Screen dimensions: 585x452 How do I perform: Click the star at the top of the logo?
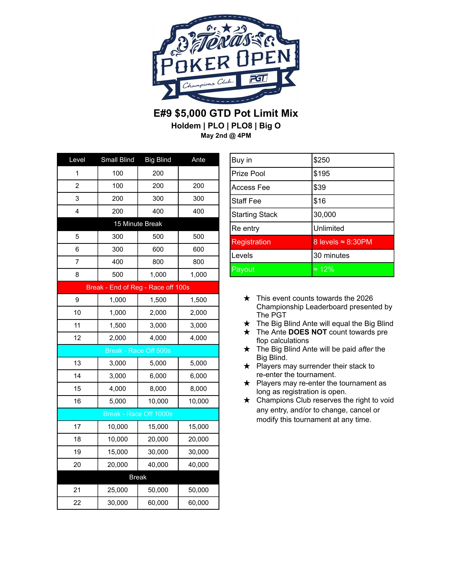[227, 27]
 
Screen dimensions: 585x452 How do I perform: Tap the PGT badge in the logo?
[258, 79]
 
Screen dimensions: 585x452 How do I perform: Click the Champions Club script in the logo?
[208, 84]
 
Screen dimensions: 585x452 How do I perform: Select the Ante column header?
[198, 160]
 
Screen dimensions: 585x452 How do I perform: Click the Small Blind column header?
[118, 160]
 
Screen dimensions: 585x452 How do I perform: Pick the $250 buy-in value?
[322, 160]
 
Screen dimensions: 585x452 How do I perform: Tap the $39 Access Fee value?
[320, 187]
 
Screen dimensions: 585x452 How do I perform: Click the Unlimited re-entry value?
[329, 228]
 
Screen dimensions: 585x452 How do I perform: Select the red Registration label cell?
[271, 242]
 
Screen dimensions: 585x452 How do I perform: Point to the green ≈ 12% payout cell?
[352, 269]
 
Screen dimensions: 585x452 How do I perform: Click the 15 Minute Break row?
[138, 224]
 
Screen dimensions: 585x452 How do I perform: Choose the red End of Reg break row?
[138, 287]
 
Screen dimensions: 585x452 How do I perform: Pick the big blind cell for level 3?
[158, 198]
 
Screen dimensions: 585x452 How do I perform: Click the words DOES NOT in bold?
[307, 332]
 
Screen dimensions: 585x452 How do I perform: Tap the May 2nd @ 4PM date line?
[226, 136]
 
